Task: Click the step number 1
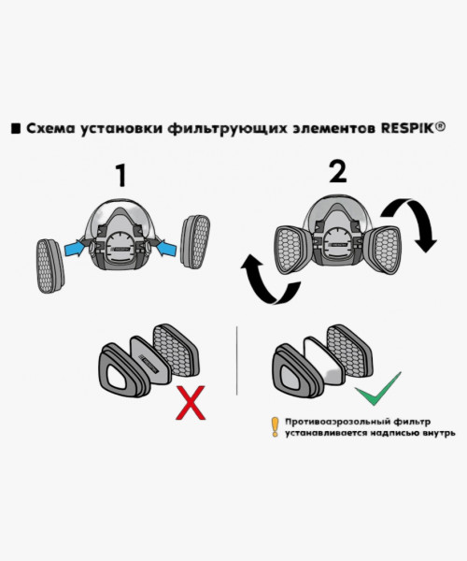(x=120, y=175)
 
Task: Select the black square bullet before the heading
(x=16, y=128)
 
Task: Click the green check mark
(x=377, y=388)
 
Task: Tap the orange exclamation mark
(x=275, y=426)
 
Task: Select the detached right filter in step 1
(x=199, y=241)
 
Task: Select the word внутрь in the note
(x=434, y=434)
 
